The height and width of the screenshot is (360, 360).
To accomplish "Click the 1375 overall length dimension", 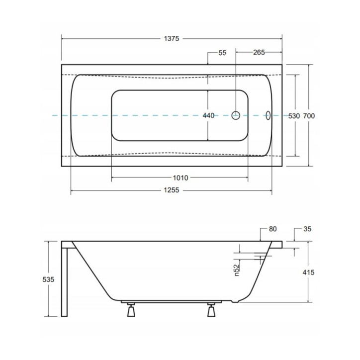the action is click(x=172, y=39).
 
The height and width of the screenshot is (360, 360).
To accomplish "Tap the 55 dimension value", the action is click(x=222, y=53).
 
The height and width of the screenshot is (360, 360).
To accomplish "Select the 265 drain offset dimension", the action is click(x=259, y=53).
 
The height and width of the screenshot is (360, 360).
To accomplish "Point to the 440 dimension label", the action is click(x=208, y=115).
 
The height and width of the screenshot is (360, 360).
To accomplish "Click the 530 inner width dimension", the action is click(x=294, y=116).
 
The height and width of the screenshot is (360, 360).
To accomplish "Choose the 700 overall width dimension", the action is click(x=309, y=116).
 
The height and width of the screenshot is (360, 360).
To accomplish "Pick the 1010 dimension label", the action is click(x=180, y=178).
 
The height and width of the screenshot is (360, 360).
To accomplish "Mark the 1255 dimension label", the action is click(x=171, y=190).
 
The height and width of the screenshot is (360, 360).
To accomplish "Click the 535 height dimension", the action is click(x=48, y=279).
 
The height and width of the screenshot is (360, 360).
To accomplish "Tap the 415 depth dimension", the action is click(x=308, y=272).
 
